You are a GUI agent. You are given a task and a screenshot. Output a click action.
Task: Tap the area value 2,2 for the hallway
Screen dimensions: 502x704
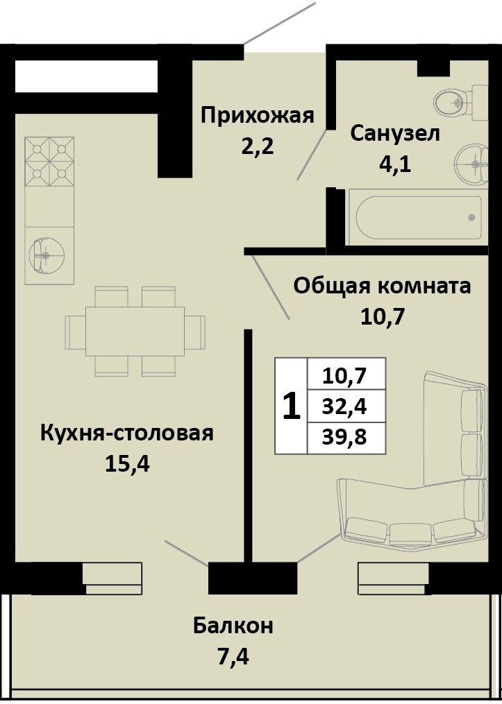[x=258, y=146]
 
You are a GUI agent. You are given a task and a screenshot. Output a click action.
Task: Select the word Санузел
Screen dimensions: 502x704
[x=396, y=134]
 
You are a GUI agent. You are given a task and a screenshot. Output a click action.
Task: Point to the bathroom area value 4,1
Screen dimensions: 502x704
[x=395, y=165]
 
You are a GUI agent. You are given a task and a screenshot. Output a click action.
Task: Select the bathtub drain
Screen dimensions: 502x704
[x=471, y=218]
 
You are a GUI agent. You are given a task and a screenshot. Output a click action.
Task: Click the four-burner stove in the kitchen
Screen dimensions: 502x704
[x=49, y=162]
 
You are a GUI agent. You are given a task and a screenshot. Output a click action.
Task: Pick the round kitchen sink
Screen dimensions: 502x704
[x=45, y=255]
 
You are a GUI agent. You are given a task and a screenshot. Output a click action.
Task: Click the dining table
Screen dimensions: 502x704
[x=135, y=332]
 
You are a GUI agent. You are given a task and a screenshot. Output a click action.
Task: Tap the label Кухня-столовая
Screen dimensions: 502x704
[x=127, y=434]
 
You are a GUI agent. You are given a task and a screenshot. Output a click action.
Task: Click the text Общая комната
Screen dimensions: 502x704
[x=383, y=286]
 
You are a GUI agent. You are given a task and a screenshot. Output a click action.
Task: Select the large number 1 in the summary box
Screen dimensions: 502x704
[x=291, y=406]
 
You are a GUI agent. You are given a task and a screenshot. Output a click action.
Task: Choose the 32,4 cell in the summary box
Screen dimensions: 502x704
[x=345, y=406]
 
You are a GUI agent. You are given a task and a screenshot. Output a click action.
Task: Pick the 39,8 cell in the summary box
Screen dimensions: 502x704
[x=345, y=437]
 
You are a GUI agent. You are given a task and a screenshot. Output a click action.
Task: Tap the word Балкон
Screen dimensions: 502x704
[x=233, y=626]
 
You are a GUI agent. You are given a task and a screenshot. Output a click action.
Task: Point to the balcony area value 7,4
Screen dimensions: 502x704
[x=233, y=657]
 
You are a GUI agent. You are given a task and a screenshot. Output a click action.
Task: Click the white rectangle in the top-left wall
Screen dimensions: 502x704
[x=86, y=76]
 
